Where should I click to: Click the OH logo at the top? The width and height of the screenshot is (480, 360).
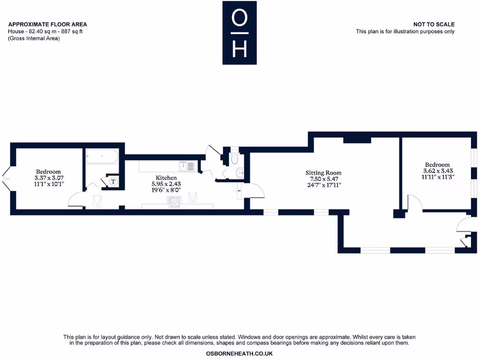tap(240, 33)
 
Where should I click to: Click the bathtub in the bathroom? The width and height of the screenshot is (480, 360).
tap(102, 156)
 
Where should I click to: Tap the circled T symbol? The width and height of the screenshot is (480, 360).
tap(113, 181)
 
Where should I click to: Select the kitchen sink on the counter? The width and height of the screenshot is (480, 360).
tap(187, 165)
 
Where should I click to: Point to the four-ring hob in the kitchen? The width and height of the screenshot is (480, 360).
tap(174, 202)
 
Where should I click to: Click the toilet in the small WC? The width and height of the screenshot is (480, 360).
tap(234, 159)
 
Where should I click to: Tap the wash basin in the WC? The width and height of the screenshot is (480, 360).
tap(240, 173)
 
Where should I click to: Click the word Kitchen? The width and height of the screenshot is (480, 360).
tap(166, 178)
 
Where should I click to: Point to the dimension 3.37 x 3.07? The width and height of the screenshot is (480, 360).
tap(49, 178)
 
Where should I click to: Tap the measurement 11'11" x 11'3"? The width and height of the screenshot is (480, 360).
tap(437, 177)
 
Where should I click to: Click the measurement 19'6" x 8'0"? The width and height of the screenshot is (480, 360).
tap(166, 191)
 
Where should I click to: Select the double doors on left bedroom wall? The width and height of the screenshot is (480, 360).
tap(6, 178)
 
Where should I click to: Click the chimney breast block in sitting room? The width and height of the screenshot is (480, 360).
tap(357, 140)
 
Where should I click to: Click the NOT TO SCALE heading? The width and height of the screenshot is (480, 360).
tap(434, 24)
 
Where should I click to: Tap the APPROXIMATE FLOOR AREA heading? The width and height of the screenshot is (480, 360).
tap(47, 24)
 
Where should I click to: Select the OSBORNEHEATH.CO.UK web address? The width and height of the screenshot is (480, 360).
tap(240, 353)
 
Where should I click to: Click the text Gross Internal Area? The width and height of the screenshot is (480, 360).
tap(34, 38)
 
